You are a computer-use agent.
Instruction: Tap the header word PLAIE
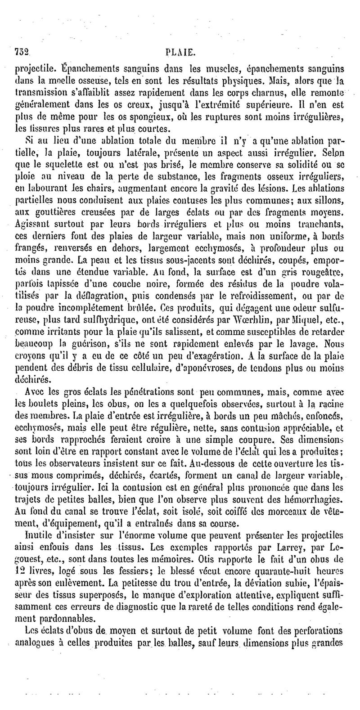tap(180, 52)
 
